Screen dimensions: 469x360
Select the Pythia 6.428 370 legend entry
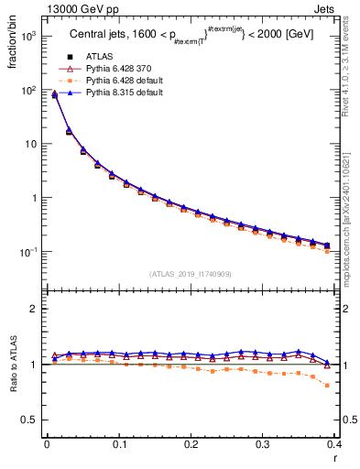click(x=119, y=69)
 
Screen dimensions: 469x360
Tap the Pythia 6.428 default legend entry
click(x=123, y=81)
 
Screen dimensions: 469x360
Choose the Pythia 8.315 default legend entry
click(x=123, y=93)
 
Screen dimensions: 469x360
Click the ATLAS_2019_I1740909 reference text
click(x=191, y=274)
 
